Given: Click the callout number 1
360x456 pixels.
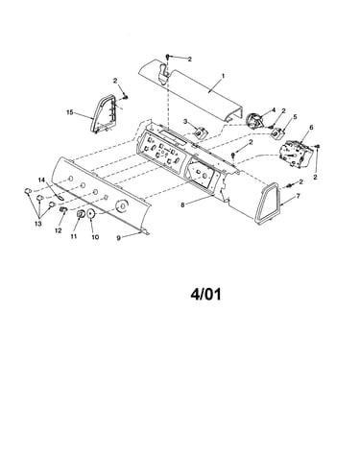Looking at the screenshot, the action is click(x=223, y=76).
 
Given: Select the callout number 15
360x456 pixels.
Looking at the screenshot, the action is click(x=70, y=112).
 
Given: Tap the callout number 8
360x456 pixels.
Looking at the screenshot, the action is click(x=182, y=205).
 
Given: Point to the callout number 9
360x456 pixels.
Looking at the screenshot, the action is click(x=118, y=238).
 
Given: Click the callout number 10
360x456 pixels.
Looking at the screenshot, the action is click(x=95, y=237).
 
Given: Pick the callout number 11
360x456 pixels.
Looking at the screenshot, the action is click(x=74, y=236).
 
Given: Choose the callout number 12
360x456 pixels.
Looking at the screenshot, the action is click(x=58, y=230).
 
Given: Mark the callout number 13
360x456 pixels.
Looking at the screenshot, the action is click(x=38, y=224).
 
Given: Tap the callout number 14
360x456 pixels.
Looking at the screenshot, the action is click(x=41, y=180).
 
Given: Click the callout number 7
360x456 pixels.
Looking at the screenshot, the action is click(x=299, y=196).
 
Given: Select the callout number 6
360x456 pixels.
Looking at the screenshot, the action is click(x=311, y=128).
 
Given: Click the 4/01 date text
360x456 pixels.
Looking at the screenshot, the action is click(x=205, y=295).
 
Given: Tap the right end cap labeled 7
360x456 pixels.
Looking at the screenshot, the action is click(x=267, y=204).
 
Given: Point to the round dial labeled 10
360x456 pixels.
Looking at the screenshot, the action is click(x=90, y=214).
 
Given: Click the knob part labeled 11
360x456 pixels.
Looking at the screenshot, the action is click(x=81, y=214).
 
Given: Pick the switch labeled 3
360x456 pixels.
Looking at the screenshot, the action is click(x=201, y=133).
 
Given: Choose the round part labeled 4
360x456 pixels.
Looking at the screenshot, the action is click(x=254, y=122).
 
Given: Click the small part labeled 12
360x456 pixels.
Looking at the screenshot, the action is click(x=62, y=209).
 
